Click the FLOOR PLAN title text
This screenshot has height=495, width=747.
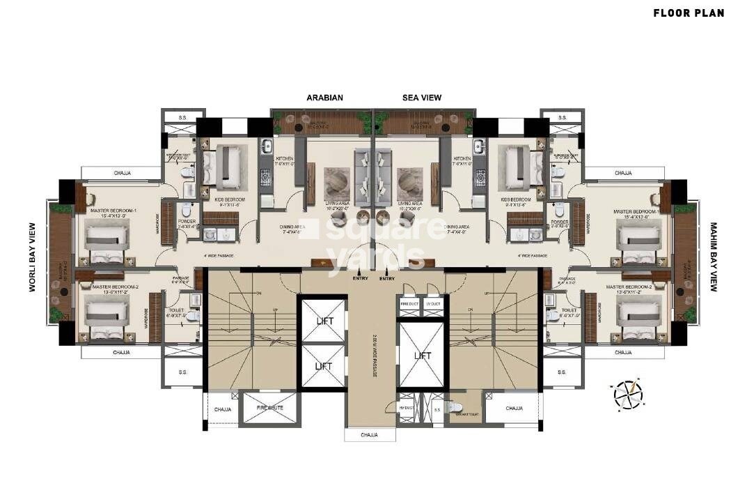click(688, 13)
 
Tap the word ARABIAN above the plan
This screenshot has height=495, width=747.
click(325, 98)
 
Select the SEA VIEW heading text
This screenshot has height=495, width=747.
click(422, 98)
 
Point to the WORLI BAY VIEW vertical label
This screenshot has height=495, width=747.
click(32, 257)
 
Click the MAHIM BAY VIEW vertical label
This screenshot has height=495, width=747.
click(713, 257)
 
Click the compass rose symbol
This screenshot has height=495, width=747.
click(628, 393)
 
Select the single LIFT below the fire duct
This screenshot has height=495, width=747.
click(422, 356)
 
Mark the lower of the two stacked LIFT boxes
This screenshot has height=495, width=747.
click(322, 366)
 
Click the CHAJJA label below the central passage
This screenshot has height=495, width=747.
click(369, 435)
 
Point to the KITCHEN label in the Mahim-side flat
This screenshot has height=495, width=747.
click(462, 159)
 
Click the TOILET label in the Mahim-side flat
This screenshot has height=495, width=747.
click(569, 310)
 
